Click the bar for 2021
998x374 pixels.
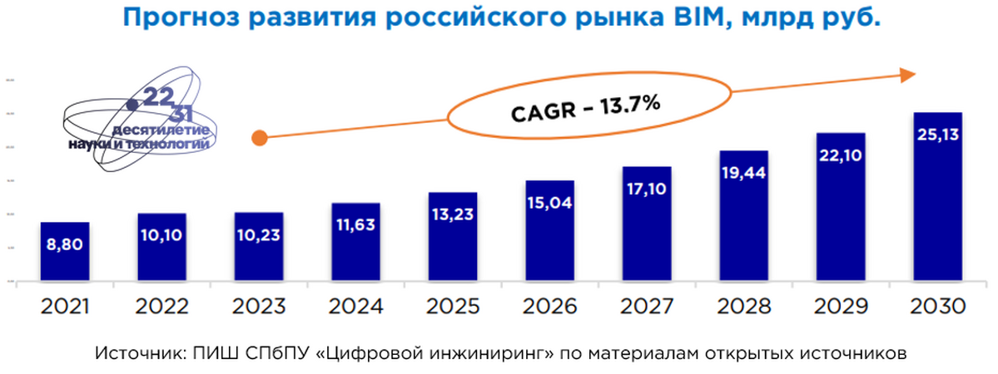point(64,253)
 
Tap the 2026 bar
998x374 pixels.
point(549,232)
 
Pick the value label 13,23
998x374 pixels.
point(452,214)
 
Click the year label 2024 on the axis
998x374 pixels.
point(355,307)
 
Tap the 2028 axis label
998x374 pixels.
point(743,307)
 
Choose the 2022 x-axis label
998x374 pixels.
point(161,307)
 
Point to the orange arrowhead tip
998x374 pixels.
point(914,75)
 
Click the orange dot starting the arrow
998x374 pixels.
point(259,138)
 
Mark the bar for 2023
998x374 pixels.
point(258,249)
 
